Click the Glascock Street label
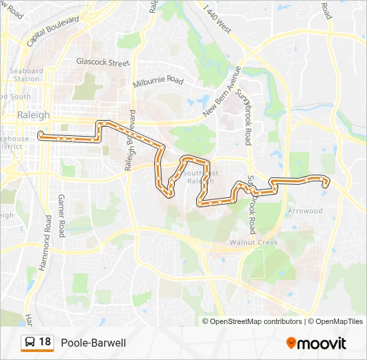coord(102,63)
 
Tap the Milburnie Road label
coord(157,81)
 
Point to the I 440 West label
coord(218,20)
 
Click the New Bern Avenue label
coord(222,92)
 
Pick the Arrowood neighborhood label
coord(305,211)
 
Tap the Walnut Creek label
coord(254,242)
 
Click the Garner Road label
coord(61,216)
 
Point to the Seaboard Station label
coord(27,75)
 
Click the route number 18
coord(45,343)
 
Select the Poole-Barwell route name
coord(93,343)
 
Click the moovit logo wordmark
coord(322,343)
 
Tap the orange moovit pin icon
coord(291,343)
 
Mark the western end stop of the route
coord(41,135)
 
